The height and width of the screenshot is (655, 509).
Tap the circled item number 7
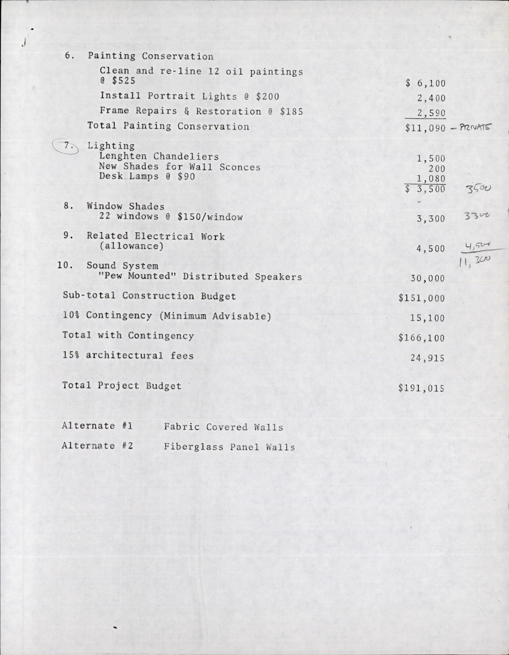coord(67,147)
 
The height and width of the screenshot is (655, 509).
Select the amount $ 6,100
coord(425,83)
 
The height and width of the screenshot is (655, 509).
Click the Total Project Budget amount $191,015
coord(421,388)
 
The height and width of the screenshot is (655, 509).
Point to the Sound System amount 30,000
coord(427,279)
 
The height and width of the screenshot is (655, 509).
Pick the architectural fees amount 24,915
coord(427,358)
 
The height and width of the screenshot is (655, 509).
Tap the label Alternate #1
coord(97,426)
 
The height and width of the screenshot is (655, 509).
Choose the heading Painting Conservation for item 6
coord(151,56)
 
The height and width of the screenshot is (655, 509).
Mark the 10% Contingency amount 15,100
coord(427,318)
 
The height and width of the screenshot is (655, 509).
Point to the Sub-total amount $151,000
coord(421,299)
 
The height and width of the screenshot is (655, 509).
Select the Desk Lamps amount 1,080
coord(431,179)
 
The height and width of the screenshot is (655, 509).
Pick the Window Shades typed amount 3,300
coord(431,219)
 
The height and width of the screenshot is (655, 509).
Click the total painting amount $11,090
coord(425,128)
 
